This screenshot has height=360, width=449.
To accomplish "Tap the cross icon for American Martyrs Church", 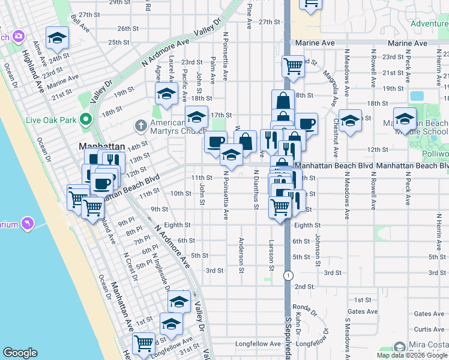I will (140, 125).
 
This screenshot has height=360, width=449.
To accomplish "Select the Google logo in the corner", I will (20, 353).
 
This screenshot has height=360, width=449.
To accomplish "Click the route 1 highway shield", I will (289, 275).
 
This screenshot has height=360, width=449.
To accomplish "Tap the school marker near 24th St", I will (57, 38).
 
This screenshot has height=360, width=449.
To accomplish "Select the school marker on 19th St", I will (166, 93).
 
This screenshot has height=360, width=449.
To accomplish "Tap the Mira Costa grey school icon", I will (400, 347).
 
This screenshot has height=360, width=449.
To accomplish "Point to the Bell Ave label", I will (80, 23).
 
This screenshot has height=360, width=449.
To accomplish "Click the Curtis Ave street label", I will (429, 329).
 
